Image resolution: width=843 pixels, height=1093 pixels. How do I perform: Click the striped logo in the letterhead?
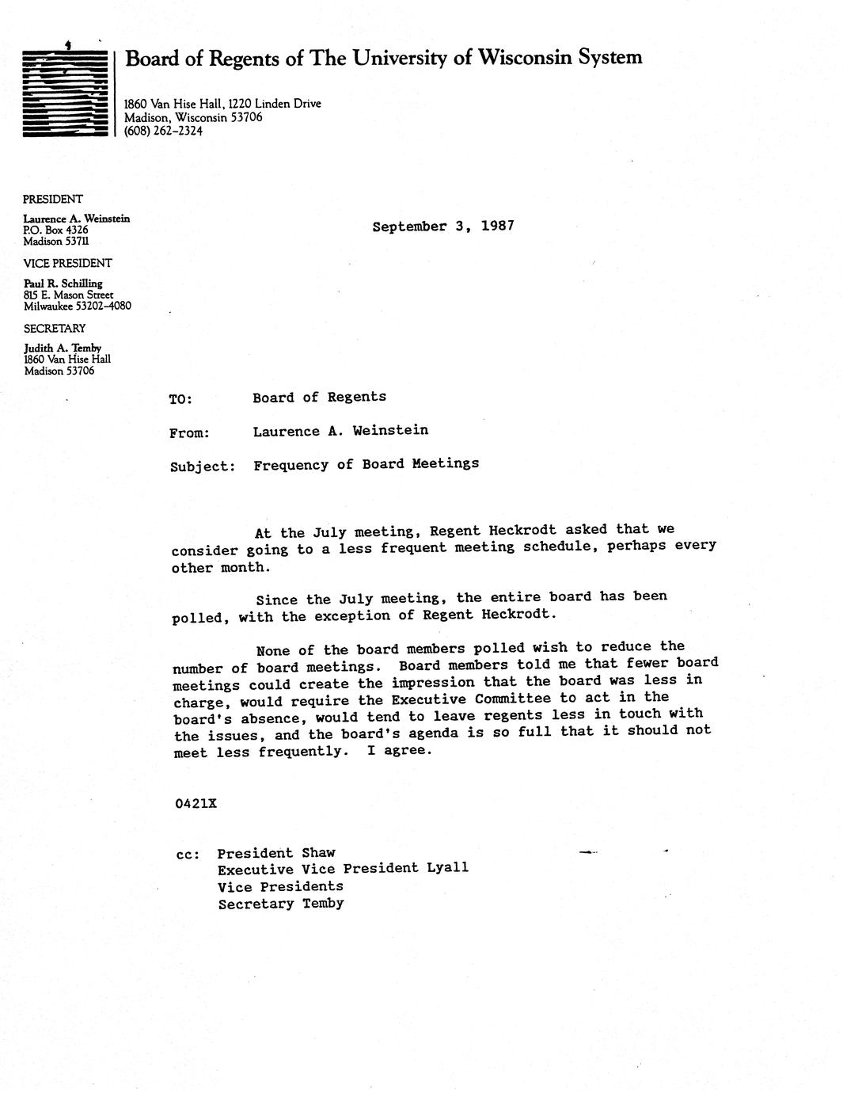[65, 93]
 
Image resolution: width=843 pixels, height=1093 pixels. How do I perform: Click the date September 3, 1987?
[443, 226]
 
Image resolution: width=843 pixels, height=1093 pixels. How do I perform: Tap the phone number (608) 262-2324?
[163, 131]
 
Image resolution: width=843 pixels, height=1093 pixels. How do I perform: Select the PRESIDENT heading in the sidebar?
[53, 199]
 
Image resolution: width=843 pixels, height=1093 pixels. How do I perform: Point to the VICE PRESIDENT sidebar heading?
[67, 263]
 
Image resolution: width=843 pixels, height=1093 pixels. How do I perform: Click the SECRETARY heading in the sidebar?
[55, 328]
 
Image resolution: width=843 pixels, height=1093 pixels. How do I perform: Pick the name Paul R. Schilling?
[63, 283]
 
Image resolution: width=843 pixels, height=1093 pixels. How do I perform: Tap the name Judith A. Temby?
[63, 348]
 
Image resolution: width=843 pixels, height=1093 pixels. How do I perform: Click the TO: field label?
[180, 399]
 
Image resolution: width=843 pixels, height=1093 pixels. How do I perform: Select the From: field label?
[189, 432]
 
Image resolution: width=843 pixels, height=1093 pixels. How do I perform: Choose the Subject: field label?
[203, 467]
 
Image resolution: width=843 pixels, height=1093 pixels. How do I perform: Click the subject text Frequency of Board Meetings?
[366, 464]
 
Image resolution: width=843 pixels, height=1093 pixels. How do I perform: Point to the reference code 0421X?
[196, 803]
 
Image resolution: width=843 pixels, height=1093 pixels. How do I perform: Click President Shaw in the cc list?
[276, 853]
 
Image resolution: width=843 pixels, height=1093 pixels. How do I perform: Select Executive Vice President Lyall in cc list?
[343, 868]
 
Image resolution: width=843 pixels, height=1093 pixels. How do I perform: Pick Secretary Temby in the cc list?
[281, 904]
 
